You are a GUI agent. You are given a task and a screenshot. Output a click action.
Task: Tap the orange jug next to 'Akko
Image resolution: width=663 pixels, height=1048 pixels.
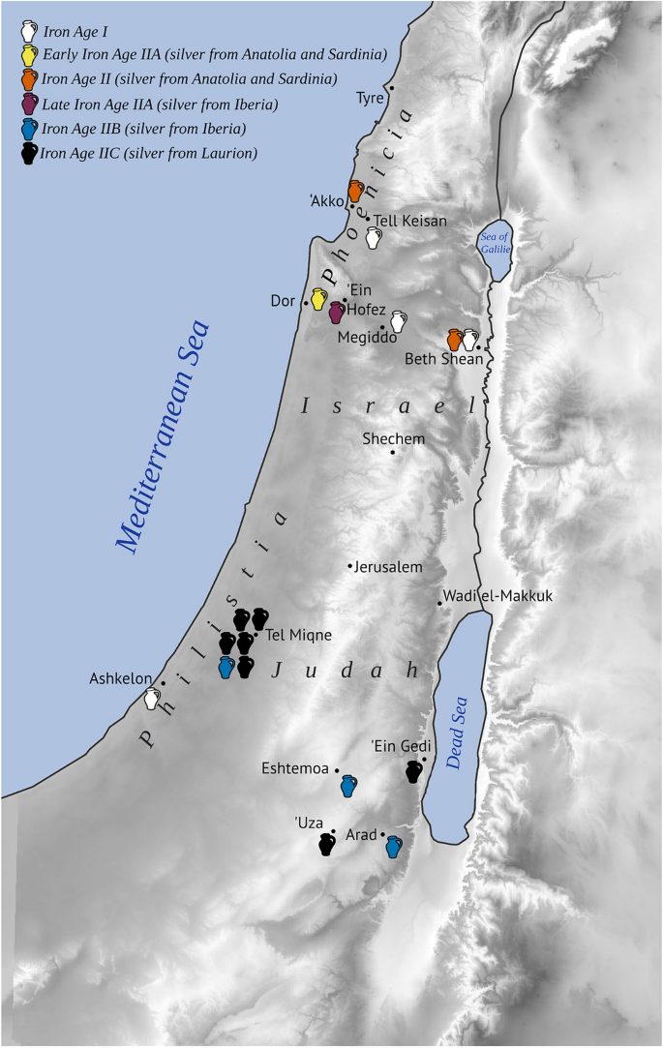coord(356,191)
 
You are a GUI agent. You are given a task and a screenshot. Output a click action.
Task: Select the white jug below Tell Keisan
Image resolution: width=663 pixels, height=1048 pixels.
coord(374,238)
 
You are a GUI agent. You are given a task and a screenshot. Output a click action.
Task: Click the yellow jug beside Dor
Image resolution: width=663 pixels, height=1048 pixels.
coord(318,299)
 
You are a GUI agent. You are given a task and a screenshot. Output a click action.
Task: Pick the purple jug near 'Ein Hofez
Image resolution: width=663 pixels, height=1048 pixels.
coord(337,312)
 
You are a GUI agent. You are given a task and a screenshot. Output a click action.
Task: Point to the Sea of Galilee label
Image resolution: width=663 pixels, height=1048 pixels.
coord(495,242)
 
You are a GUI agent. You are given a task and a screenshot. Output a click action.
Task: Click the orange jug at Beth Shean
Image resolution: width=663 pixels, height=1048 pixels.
coord(455,340)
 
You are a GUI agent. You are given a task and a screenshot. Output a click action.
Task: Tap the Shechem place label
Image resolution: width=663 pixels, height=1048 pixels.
coord(393,438)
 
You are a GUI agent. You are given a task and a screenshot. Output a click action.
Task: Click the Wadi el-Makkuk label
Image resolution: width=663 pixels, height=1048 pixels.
coord(497,596)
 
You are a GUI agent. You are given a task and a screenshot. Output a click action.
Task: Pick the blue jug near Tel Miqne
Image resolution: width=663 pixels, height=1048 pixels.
coord(226,667)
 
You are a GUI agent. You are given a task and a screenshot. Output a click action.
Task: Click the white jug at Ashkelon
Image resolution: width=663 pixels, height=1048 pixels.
coord(151,699)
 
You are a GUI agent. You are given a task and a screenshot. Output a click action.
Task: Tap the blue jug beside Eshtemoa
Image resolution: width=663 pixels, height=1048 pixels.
coord(349,785)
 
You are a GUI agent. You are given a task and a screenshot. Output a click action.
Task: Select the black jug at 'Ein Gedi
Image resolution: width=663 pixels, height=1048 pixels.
coord(414,771)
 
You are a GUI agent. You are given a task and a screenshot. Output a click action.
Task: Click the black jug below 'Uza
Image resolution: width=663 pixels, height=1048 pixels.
coord(327,845)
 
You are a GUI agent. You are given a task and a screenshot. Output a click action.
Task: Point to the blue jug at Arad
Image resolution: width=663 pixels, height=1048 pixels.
coord(393,848)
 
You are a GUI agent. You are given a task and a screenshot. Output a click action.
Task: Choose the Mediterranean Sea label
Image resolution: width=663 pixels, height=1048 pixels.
coord(164,437)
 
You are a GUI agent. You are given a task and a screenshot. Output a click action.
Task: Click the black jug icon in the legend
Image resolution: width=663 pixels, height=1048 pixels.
coord(29,153)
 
